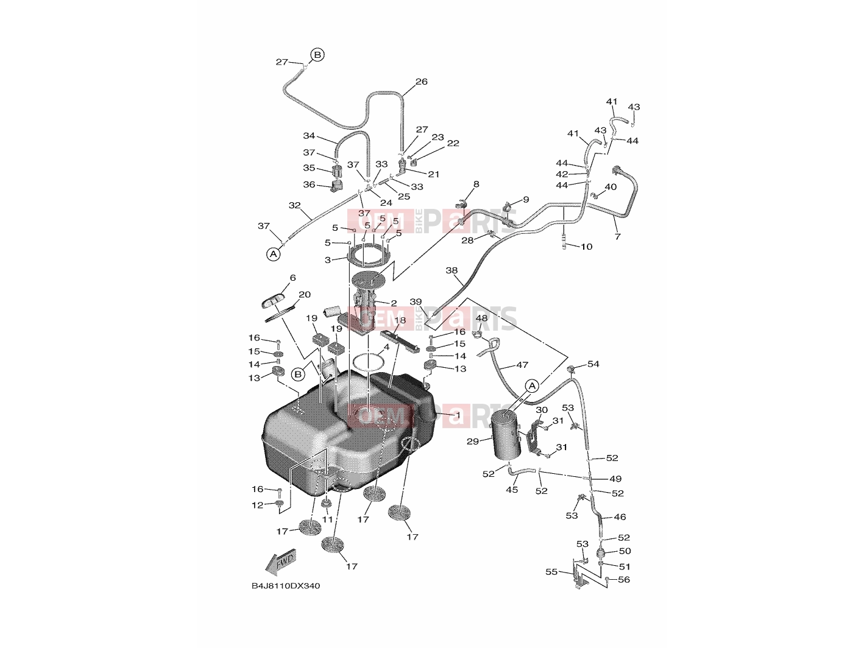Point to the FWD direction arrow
[x=281, y=562]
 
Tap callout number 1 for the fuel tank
[x=458, y=415]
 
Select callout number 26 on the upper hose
[x=422, y=82]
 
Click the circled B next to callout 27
[x=317, y=55]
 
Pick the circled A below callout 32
[x=273, y=254]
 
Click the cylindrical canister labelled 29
[x=507, y=434]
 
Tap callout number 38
[x=451, y=270]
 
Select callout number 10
[x=587, y=247]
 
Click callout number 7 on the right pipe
[x=618, y=236]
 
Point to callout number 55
[x=551, y=572]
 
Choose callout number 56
[x=624, y=580]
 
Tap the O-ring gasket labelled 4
[x=369, y=362]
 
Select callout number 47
[x=522, y=365]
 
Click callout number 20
[x=305, y=294]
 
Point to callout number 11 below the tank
[x=327, y=519]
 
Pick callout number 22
[x=453, y=143]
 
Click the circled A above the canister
[x=532, y=386]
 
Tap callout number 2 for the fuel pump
[x=393, y=303]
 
